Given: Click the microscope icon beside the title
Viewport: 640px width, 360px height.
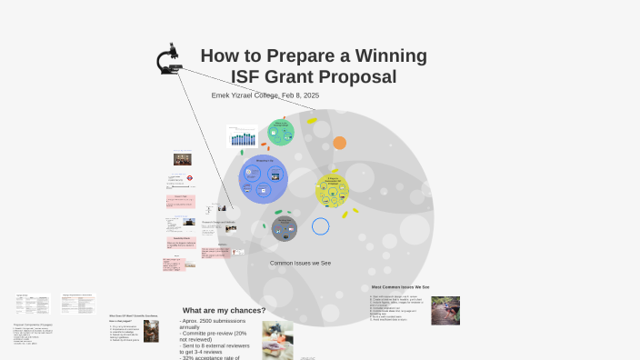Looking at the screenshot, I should (x=167, y=61).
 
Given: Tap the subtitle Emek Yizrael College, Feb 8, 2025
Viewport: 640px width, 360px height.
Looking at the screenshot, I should (x=265, y=95).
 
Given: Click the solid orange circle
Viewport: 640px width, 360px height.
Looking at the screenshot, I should (x=339, y=143).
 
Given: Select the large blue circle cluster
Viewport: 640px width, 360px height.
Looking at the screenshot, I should (x=264, y=179).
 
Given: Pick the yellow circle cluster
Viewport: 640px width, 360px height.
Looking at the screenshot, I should (x=332, y=190).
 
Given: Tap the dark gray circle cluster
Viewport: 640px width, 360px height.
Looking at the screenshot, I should (x=285, y=228).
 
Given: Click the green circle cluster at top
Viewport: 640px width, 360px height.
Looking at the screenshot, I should (x=281, y=133).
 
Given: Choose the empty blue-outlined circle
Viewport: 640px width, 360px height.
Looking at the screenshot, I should (x=320, y=225).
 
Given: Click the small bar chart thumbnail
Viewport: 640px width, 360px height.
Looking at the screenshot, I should (x=243, y=137).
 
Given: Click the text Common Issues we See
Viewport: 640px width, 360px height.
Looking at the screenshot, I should (x=300, y=263).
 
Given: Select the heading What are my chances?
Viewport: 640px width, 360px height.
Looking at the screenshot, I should (x=224, y=310).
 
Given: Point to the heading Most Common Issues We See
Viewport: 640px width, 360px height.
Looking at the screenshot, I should (x=400, y=287).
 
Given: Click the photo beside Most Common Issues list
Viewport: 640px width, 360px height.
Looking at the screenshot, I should (x=445, y=310).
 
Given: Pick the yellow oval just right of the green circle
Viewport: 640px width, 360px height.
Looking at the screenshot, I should (x=312, y=120).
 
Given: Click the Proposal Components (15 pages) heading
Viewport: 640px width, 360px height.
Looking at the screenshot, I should (x=37, y=325).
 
